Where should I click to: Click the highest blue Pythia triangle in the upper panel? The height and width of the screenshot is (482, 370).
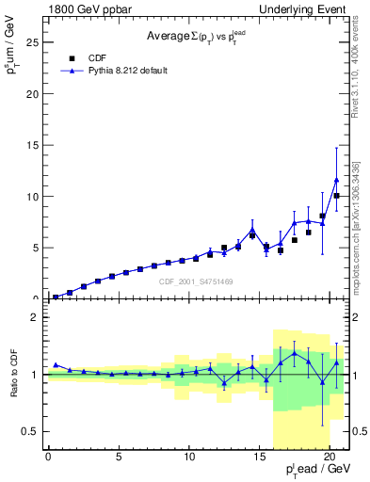336,180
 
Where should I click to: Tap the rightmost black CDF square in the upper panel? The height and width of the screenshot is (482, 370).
336,196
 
